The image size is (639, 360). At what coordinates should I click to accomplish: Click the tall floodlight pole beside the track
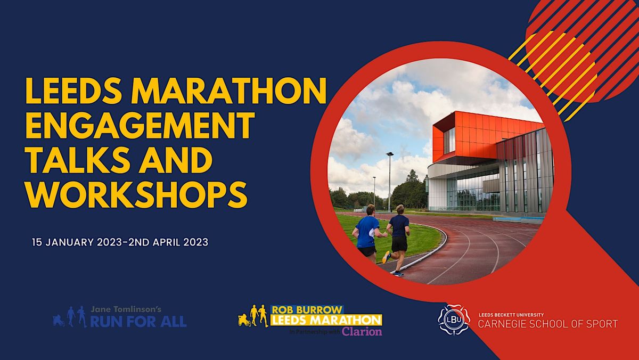click(390, 181)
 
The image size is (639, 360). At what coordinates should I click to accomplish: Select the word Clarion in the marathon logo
click(362, 331)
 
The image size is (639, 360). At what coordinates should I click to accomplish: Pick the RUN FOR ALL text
click(137, 322)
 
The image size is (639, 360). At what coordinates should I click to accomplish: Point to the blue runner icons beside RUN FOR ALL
click(69, 316)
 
